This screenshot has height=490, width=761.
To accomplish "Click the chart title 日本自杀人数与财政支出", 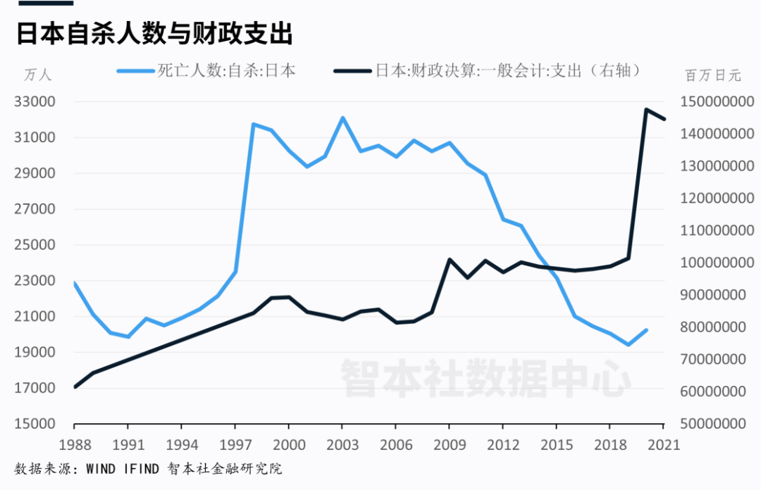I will point(155,34).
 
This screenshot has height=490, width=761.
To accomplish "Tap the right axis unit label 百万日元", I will point(712,75).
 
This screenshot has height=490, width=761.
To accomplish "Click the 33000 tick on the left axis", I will point(35,101).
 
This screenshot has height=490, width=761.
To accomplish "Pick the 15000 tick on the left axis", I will point(35,425).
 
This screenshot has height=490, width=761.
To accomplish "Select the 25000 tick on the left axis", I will point(35,245).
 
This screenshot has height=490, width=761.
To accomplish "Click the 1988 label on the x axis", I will point(74,444).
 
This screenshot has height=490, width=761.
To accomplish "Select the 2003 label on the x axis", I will point(342,444).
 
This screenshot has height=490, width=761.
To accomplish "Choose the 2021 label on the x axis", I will point(663,444).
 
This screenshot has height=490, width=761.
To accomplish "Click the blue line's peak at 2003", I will point(342,118).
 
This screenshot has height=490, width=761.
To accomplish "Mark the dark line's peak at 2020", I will point(646,110).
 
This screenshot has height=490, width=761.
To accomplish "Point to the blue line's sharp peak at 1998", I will point(253,125).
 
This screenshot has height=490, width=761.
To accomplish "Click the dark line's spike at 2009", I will point(450,259).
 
